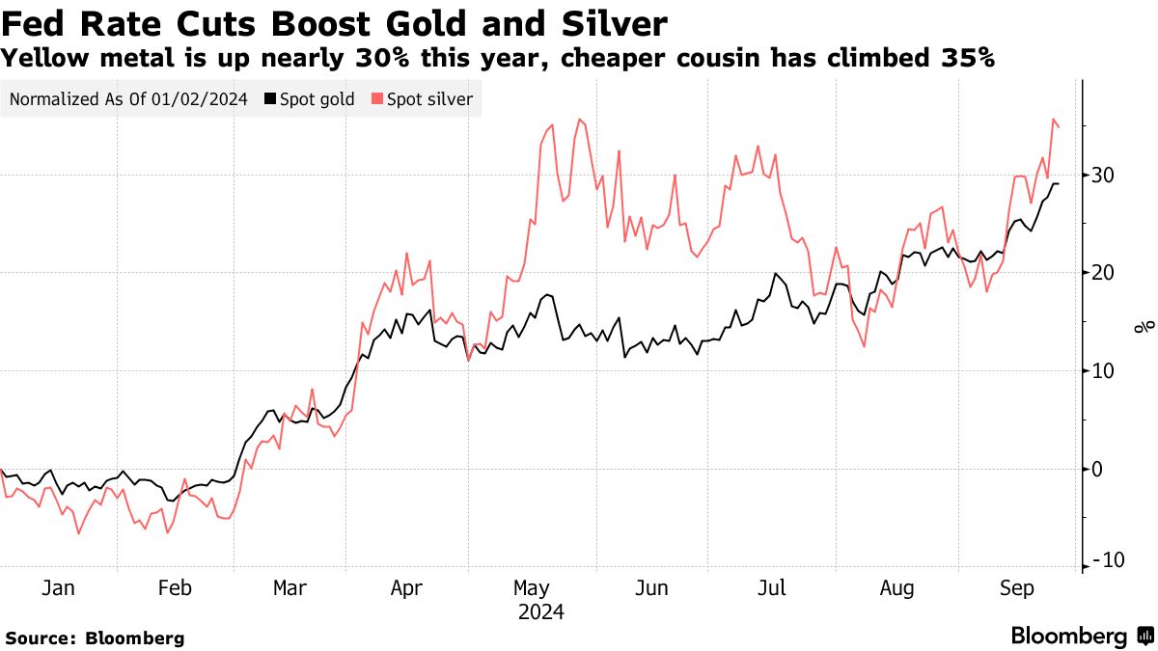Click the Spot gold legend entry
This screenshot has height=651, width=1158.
[310, 98]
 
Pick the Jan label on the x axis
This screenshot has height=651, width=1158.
[58, 587]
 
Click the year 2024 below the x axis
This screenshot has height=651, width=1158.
[540, 612]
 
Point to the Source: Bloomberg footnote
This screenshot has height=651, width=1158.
[95, 637]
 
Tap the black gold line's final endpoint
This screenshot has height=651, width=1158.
[1060, 183]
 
